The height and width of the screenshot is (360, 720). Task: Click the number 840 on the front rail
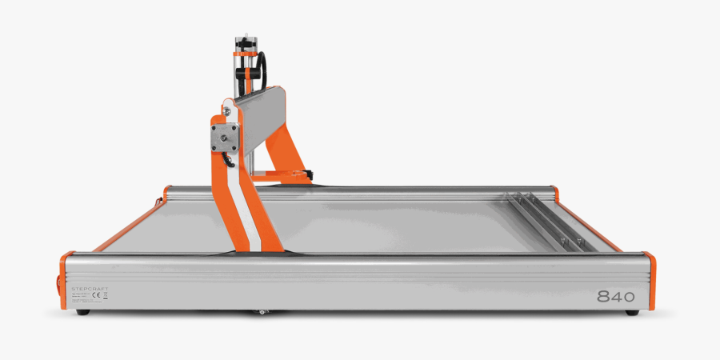(615, 296)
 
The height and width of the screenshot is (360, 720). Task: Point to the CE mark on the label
(97, 295)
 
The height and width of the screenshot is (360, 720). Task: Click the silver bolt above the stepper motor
(226, 101)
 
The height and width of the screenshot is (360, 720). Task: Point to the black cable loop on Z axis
(261, 72)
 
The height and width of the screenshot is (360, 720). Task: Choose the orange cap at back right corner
(554, 191)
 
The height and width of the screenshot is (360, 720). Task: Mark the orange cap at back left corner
(167, 192)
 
